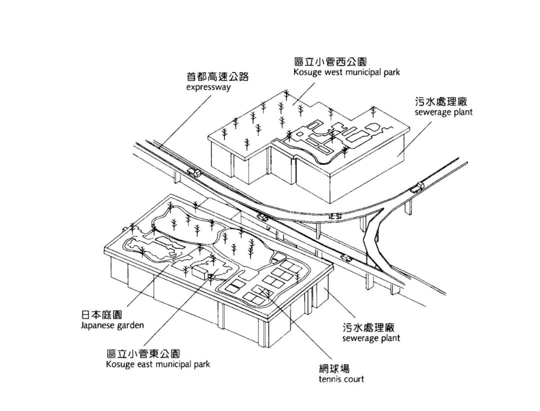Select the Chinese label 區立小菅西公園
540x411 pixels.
pyautogui.click(x=330, y=62)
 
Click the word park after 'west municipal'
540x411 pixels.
pyautogui.click(x=392, y=73)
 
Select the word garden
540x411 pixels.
pyautogui.click(x=131, y=326)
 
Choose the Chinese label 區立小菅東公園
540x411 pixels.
pyautogui.click(x=143, y=353)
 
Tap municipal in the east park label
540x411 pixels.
pyautogui.click(x=172, y=364)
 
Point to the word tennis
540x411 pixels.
pyautogui.click(x=329, y=379)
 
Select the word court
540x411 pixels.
pyautogui.click(x=353, y=379)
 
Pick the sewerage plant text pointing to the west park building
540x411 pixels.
pyautogui.click(x=443, y=113)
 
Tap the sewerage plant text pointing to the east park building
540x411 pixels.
pyautogui.click(x=371, y=338)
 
